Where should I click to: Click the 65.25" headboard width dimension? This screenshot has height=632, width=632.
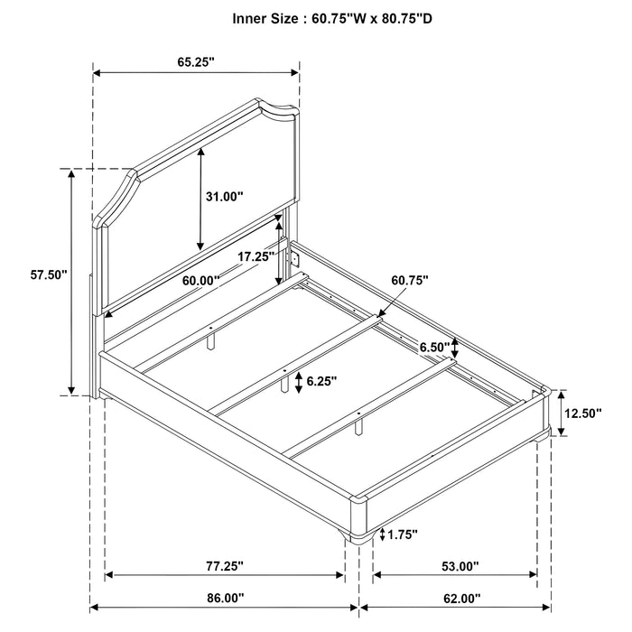tap(197, 61)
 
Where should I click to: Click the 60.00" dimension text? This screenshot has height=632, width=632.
tap(200, 281)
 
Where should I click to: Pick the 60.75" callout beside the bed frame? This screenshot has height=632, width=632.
tap(410, 281)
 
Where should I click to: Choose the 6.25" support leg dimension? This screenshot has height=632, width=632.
tap(321, 382)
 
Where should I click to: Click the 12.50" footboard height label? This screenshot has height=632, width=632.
tap(582, 414)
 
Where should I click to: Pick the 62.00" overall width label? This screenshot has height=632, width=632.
tap(460, 624)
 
